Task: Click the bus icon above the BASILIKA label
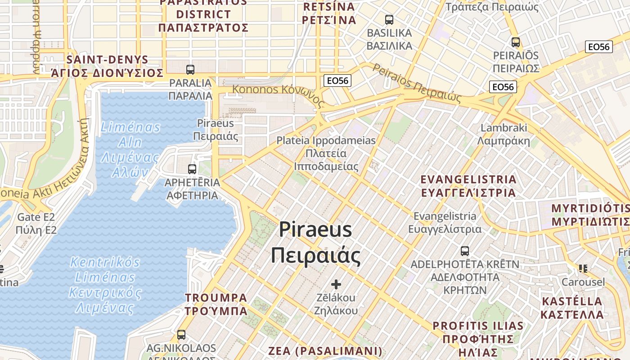tap(389, 20)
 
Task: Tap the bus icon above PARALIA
tap(190, 70)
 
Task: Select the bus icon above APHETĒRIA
tap(192, 169)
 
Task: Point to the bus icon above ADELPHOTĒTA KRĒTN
tap(465, 251)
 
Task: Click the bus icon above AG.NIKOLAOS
tap(181, 335)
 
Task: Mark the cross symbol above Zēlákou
tap(336, 284)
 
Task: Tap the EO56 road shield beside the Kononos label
tap(337, 81)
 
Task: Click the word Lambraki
tap(504, 128)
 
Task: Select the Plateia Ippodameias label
tap(326, 140)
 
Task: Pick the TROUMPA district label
tap(216, 298)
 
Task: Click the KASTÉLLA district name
tap(572, 301)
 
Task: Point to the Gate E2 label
tap(36, 217)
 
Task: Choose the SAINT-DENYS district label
tap(107, 60)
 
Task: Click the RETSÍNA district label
tap(329, 7)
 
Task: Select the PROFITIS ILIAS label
tap(478, 326)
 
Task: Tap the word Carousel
tap(583, 282)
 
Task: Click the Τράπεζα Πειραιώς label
tap(492, 7)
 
